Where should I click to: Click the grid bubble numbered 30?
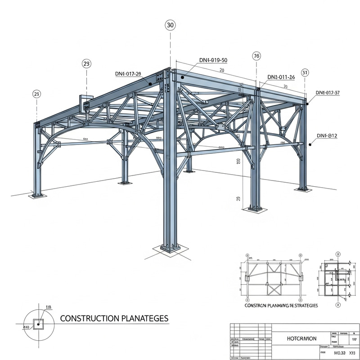[170, 25]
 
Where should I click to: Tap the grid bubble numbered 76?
[256, 56]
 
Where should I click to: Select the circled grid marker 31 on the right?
[305, 72]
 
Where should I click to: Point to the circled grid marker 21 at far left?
[36, 94]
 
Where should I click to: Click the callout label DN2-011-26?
[281, 77]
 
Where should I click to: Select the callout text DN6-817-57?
[327, 93]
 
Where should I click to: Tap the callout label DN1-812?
[327, 135]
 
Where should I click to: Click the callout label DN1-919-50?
[213, 60]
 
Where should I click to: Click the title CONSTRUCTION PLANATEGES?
[114, 319]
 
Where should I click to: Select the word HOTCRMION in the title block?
[301, 338]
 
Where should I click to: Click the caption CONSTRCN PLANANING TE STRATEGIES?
[281, 305]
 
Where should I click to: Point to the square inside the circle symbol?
[39, 323]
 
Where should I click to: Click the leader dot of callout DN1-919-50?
[183, 77]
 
